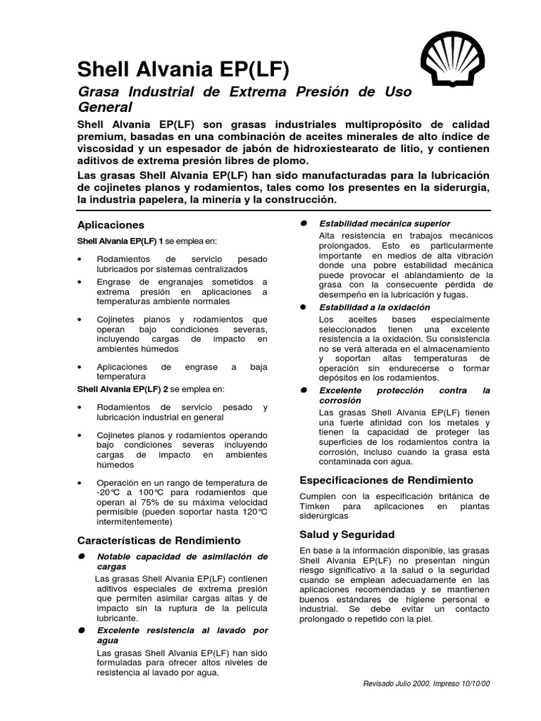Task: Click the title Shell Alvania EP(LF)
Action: [x=182, y=70]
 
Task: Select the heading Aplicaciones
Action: [x=110, y=225]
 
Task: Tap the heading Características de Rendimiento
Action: [x=158, y=540]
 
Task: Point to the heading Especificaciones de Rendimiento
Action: [x=386, y=479]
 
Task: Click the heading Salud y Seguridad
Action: [x=347, y=534]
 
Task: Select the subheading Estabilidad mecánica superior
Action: [x=385, y=223]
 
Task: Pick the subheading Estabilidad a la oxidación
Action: [x=374, y=308]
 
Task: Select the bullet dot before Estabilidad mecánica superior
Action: [x=303, y=222]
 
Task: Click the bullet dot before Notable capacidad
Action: [x=81, y=556]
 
